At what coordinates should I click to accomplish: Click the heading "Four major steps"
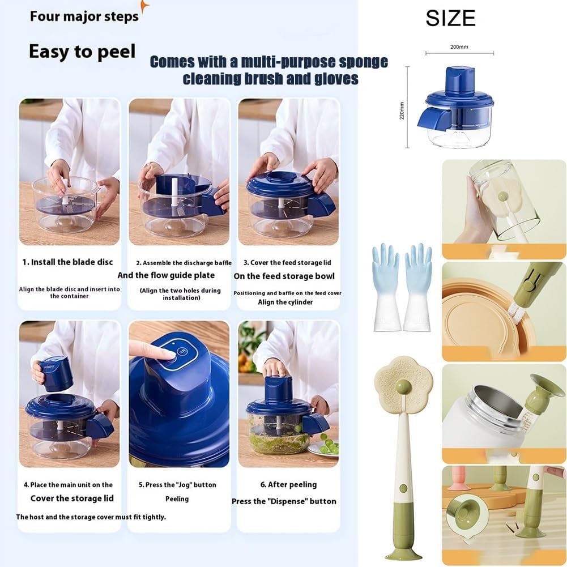(x=84, y=16)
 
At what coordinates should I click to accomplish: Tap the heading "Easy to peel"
(x=82, y=52)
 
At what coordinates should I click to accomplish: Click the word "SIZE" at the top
(x=450, y=19)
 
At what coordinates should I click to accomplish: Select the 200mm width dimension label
(x=459, y=47)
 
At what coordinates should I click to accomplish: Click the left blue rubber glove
(x=385, y=286)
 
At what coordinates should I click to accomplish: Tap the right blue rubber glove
(x=418, y=286)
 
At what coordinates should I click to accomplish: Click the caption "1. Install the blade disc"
(x=67, y=262)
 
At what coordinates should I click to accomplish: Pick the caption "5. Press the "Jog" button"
(x=177, y=485)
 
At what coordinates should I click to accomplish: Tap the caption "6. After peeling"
(x=288, y=484)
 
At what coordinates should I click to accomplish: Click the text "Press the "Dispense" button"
(x=284, y=501)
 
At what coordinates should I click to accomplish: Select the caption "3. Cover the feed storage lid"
(x=287, y=263)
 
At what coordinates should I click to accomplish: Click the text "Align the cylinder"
(x=285, y=302)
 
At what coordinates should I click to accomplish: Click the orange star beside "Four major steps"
(x=144, y=6)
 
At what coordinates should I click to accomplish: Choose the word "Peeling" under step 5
(x=177, y=499)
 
